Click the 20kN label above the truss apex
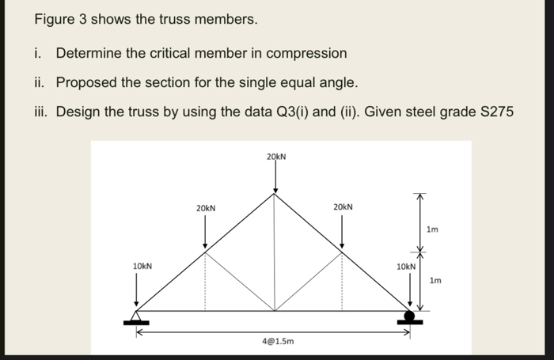275,156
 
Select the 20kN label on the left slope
206,207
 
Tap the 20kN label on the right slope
343,207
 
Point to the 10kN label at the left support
142,266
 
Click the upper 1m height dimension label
431,230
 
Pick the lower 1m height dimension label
434,280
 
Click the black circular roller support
410,316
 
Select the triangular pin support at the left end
137,317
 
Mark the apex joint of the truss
275,195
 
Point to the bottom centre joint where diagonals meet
275,310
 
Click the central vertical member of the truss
275,253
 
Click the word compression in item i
308,53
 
